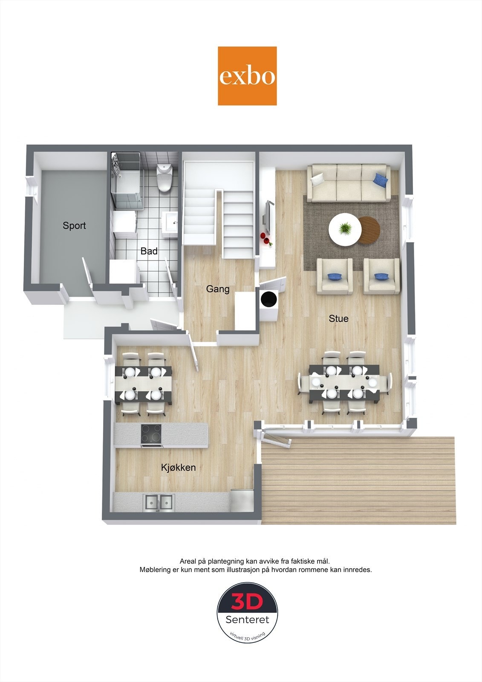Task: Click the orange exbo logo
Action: point(247,76)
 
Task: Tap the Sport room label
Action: point(74,225)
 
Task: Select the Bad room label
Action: point(149,251)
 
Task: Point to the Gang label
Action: point(218,289)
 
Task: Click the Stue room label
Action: point(338,318)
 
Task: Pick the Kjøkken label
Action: point(178,467)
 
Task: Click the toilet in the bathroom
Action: point(164,177)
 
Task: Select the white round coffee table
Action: point(345,229)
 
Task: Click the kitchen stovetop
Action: point(151,434)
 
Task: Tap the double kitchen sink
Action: point(159,502)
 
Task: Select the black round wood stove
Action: point(268,299)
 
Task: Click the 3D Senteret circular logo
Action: point(248,613)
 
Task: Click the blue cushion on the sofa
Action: point(381,180)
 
